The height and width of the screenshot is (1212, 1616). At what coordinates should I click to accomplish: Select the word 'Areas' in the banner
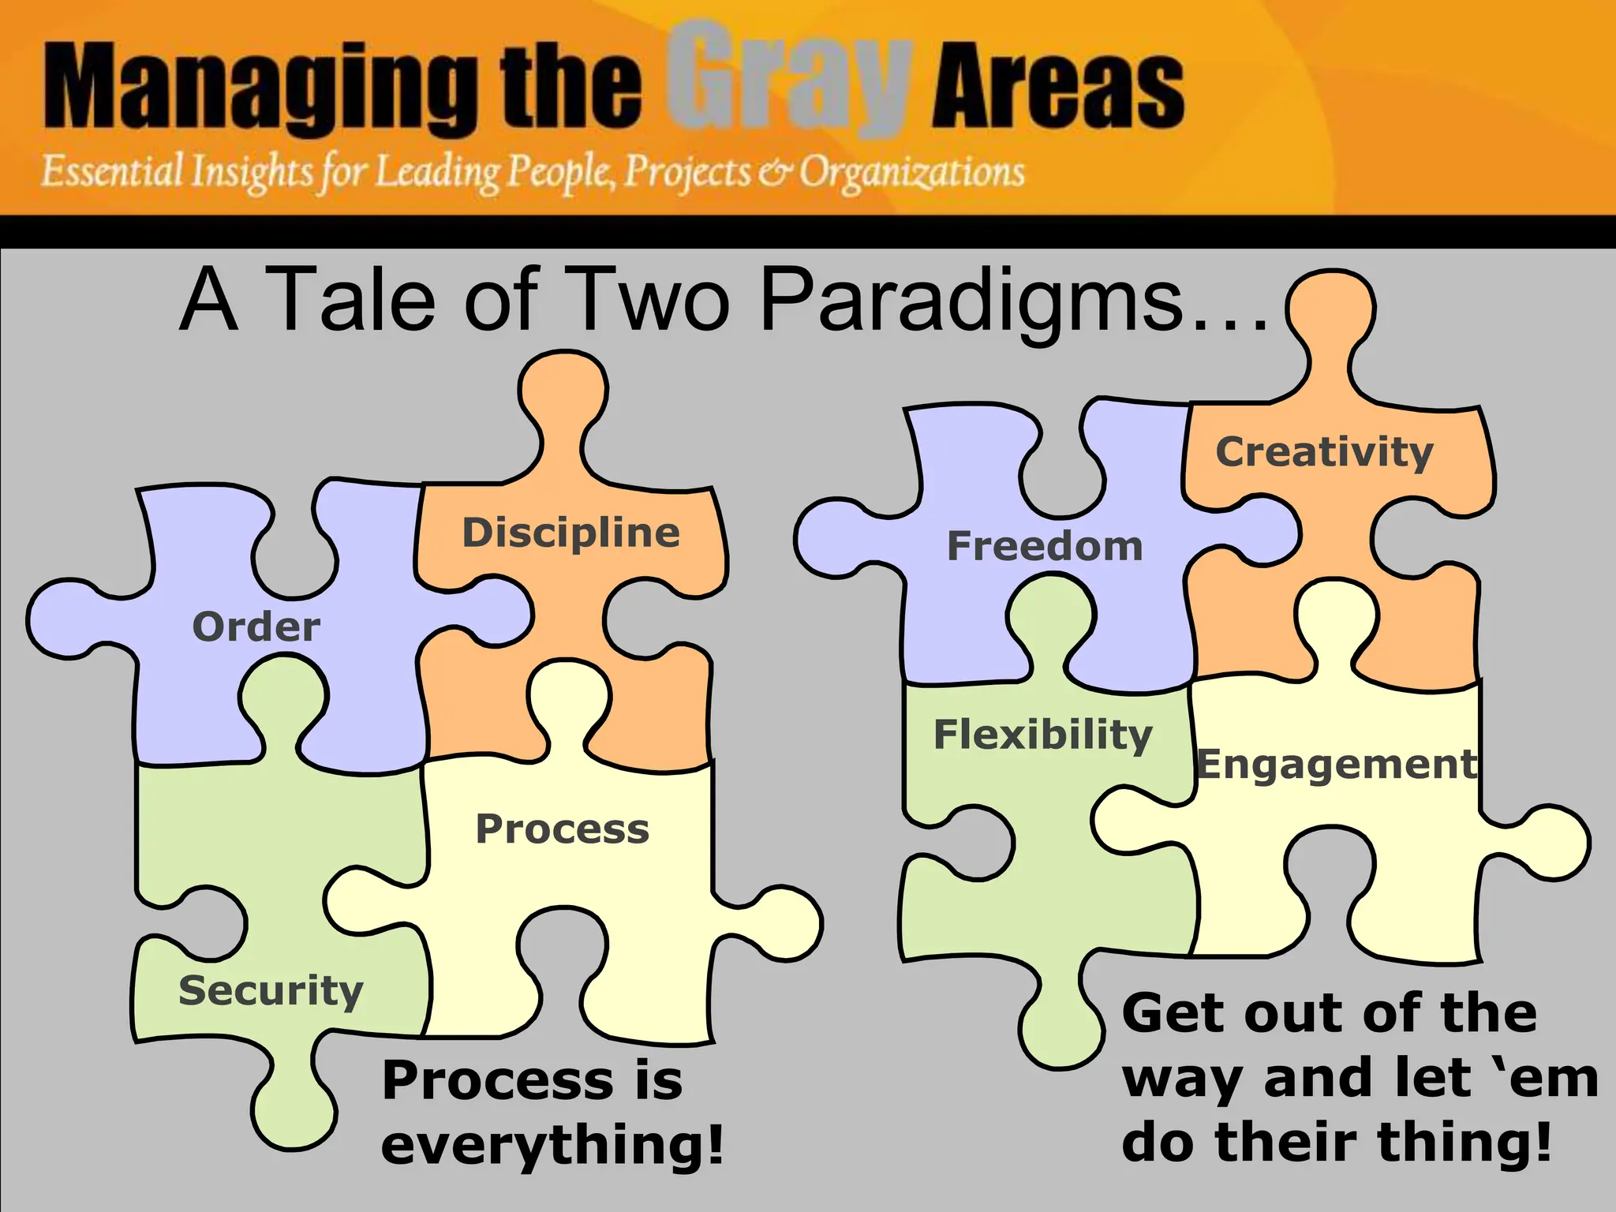1057,87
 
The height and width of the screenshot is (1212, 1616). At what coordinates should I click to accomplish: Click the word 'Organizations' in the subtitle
911,171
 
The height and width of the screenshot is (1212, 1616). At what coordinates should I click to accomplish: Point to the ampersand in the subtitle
776,173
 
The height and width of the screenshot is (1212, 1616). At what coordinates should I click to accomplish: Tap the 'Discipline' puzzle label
570,533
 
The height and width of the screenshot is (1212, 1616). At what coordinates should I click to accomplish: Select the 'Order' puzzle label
256,627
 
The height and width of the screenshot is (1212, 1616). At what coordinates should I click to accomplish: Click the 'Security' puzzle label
271,991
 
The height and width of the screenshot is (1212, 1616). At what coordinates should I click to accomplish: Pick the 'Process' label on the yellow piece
562,829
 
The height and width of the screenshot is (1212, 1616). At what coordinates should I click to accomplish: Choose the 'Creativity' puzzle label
1324,453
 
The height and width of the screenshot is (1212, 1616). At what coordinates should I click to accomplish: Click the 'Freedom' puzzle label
1045,546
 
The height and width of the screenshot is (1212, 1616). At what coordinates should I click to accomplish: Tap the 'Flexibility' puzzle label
1042,735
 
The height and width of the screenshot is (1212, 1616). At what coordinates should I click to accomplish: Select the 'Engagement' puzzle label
1337,765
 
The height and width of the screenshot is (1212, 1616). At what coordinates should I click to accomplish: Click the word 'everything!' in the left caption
552,1146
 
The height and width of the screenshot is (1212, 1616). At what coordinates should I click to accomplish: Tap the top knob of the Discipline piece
563,391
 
